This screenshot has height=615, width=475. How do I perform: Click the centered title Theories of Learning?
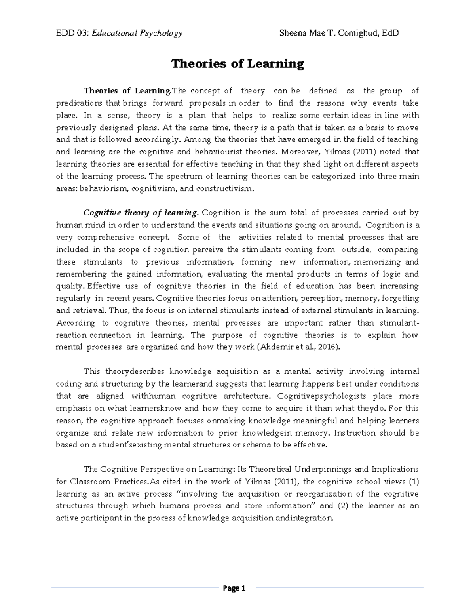tap(237, 64)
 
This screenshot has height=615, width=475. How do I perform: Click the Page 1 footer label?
tap(234, 588)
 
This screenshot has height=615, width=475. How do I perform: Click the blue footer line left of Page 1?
tap(135, 588)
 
